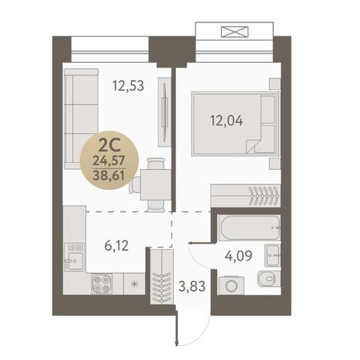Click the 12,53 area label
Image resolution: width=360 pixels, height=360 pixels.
tap(128, 85)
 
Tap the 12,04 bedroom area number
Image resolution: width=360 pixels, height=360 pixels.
tap(227, 120)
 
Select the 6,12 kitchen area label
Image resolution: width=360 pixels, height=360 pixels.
tap(116, 245)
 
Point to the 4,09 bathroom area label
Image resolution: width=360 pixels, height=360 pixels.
tap(238, 256)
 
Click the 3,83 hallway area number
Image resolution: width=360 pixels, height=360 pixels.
tap(192, 286)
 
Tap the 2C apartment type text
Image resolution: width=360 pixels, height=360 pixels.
tap(109, 146)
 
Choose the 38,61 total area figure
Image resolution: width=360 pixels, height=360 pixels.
tap(109, 176)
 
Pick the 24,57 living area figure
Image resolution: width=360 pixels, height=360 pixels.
tap(109, 161)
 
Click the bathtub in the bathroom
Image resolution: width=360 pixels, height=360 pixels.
tap(250, 227)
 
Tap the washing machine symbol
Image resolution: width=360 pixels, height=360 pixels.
tap(231, 286)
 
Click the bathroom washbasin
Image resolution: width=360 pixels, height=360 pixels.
tap(272, 255)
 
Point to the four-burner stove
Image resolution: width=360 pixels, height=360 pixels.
tap(102, 283)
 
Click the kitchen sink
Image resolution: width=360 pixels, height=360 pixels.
tap(74, 257)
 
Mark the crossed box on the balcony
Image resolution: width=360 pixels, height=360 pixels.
tap(235, 32)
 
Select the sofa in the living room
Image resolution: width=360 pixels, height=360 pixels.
tap(81, 119)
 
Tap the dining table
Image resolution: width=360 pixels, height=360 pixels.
tap(156, 185)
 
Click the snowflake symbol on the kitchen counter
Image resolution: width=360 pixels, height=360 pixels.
tap(134, 284)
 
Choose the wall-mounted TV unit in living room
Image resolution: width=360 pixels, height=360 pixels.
tap(164, 112)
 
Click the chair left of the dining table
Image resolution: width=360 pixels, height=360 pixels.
tap(135, 185)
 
